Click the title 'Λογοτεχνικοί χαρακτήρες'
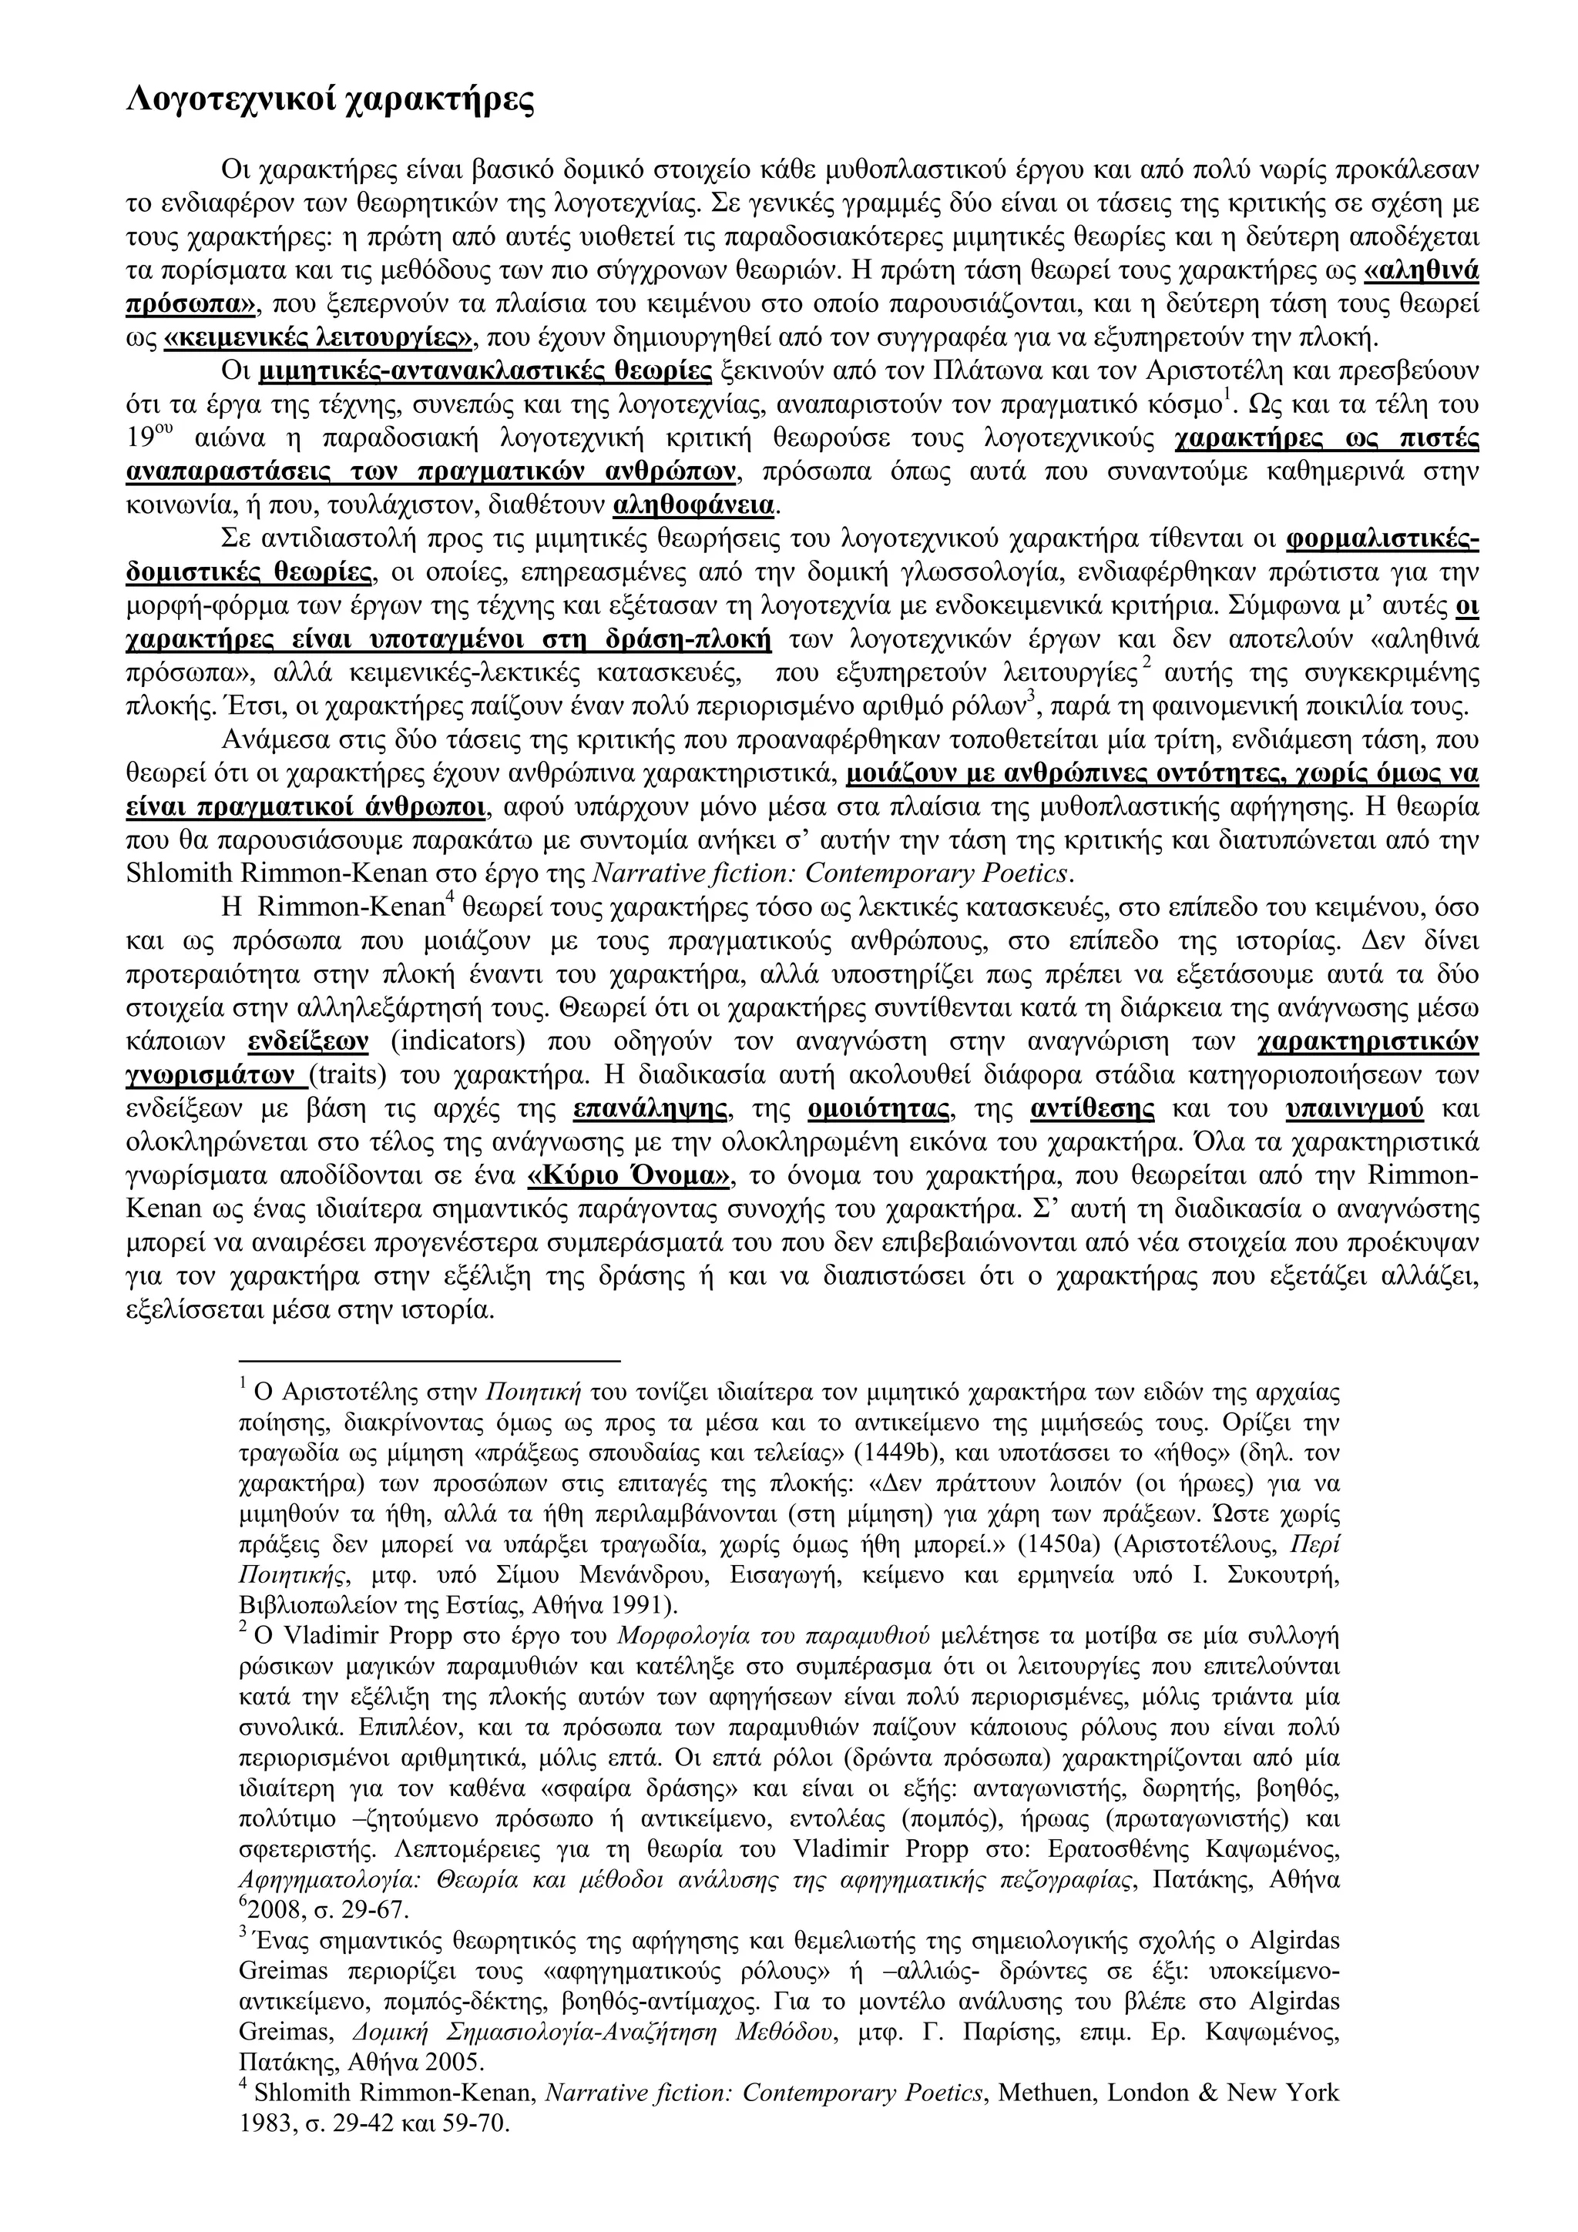pyautogui.click(x=331, y=100)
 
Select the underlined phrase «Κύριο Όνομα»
pyautogui.click(x=628, y=1176)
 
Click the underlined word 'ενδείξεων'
pyautogui.click(x=308, y=1042)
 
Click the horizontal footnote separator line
pyautogui.click(x=428, y=1362)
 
